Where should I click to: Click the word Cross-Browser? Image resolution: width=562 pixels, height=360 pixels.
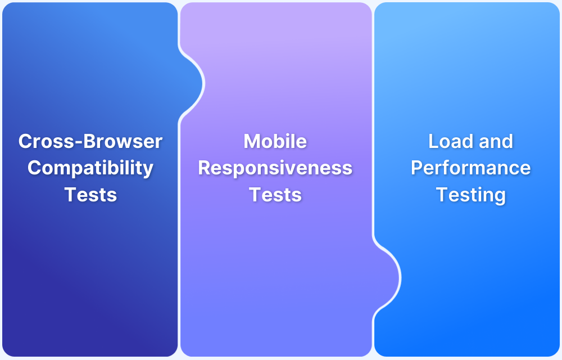click(x=90, y=141)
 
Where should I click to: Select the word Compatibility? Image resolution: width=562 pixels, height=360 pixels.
click(x=90, y=168)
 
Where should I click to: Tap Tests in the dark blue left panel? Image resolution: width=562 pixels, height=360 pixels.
click(x=90, y=195)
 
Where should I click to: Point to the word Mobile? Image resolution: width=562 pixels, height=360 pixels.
click(x=275, y=141)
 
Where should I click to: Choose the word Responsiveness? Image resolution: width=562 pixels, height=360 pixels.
click(x=275, y=168)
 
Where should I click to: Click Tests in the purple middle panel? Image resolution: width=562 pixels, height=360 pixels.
click(x=275, y=195)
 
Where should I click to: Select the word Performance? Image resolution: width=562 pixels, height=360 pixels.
click(x=471, y=168)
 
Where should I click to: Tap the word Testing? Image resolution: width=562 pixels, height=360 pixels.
click(x=471, y=195)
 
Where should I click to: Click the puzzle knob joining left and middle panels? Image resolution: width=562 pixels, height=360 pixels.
click(x=193, y=83)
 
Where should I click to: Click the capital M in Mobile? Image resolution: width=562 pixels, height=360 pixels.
click(x=252, y=141)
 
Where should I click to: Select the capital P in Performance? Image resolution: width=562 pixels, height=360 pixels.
click(x=418, y=168)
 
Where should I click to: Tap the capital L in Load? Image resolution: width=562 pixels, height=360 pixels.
click(x=433, y=141)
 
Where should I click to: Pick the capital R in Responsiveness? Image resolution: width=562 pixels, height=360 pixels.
click(x=205, y=168)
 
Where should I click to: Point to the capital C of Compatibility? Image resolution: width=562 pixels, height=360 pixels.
click(x=34, y=168)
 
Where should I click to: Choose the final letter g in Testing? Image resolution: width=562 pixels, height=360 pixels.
click(x=499, y=197)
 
